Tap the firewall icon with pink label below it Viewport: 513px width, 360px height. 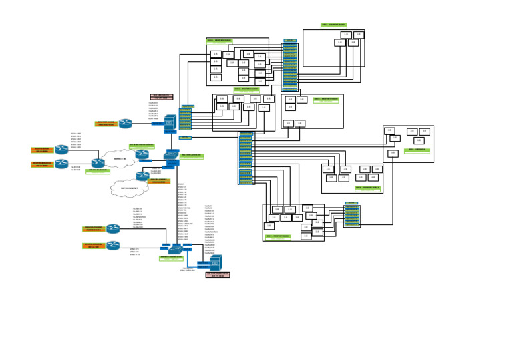tap(216, 261)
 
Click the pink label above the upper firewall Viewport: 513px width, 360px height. tap(161, 97)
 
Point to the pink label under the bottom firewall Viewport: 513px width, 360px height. tap(218, 274)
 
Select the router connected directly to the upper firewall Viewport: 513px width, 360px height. tap(126, 123)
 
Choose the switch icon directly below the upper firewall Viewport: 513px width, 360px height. tap(171, 158)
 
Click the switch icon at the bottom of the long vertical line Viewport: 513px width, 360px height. tap(176, 248)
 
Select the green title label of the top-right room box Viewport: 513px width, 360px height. tap(333, 26)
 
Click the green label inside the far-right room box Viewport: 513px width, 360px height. tap(418, 150)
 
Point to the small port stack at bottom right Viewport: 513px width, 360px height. tap(352, 214)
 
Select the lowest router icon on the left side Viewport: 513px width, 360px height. tap(113, 246)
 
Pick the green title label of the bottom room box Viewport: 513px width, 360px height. tap(278, 236)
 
